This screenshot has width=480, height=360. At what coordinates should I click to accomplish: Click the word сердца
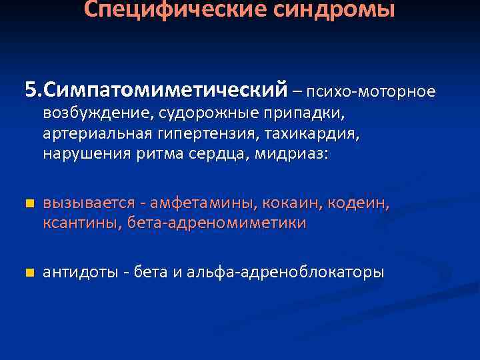click(x=224, y=153)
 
